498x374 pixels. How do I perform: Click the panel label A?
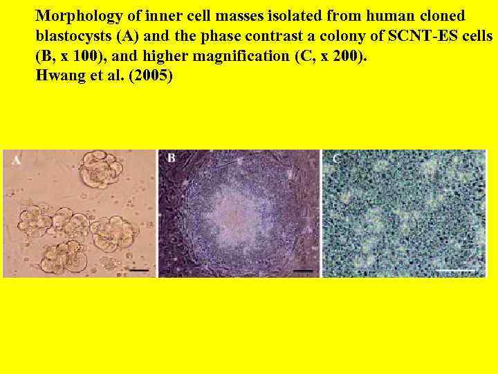pyautogui.click(x=16, y=161)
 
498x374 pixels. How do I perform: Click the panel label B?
pyautogui.click(x=171, y=159)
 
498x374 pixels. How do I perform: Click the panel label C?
pyautogui.click(x=337, y=159)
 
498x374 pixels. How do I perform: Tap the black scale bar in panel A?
pyautogui.click(x=140, y=269)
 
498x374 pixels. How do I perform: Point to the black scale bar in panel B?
pyautogui.click(x=303, y=269)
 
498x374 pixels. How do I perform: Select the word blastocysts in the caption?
pyautogui.click(x=71, y=35)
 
